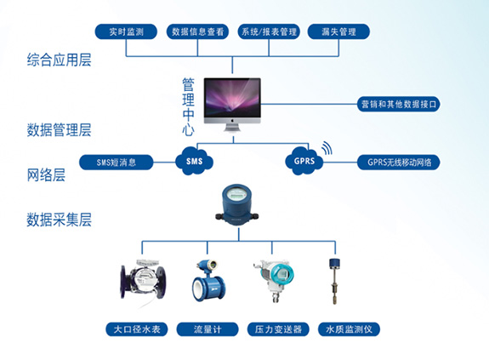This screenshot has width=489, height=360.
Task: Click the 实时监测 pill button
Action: pyautogui.click(x=126, y=31)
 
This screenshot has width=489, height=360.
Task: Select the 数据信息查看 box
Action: pyautogui.click(x=197, y=31)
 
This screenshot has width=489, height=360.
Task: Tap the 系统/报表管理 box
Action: pyautogui.click(x=269, y=31)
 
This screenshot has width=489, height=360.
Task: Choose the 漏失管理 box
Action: pyautogui.click(x=338, y=31)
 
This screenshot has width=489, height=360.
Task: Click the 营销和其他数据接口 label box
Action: pyautogui.click(x=398, y=104)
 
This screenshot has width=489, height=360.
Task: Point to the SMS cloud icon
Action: pyautogui.click(x=194, y=161)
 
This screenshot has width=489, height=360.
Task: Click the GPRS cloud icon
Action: pyautogui.click(x=304, y=161)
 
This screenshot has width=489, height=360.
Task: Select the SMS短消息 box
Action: pyautogui.click(x=116, y=163)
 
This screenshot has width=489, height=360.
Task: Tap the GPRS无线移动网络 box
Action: pyautogui.click(x=398, y=163)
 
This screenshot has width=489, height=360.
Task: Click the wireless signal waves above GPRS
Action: pyautogui.click(x=327, y=148)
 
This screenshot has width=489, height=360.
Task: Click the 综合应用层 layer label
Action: pyautogui.click(x=59, y=60)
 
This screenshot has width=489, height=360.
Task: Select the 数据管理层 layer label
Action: pyautogui.click(x=59, y=129)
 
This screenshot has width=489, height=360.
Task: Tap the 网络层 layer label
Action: pyautogui.click(x=46, y=175)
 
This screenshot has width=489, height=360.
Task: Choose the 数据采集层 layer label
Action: pyautogui.click(x=59, y=220)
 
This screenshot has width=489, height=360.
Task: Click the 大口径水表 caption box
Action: pyautogui.click(x=137, y=329)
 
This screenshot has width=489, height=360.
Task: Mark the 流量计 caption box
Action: pyautogui.click(x=208, y=329)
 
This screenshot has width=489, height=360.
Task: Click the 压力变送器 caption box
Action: pyautogui.click(x=278, y=329)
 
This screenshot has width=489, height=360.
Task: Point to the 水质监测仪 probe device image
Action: pyautogui.click(x=334, y=281)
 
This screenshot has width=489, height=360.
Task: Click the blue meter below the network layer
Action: pyautogui.click(x=237, y=204)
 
